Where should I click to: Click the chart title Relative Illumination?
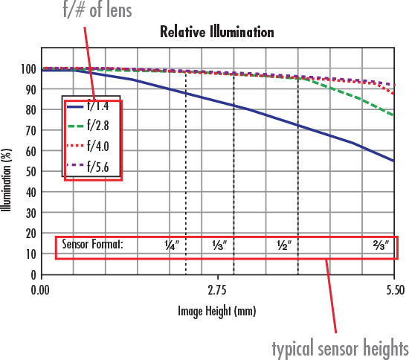coord(217,32)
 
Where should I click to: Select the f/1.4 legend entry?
coord(94,107)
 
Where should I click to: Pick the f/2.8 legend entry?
coord(94,127)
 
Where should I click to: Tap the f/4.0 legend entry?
coord(94,147)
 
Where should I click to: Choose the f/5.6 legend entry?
coord(94,167)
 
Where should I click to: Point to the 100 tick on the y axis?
coord(27,69)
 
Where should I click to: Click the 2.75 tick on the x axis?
coord(217,288)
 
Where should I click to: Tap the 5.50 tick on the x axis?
coord(394,288)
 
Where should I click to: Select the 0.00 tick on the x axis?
coord(41,288)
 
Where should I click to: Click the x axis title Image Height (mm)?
coord(217,312)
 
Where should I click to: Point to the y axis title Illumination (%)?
coord(7,172)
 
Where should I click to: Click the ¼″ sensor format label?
coord(171,244)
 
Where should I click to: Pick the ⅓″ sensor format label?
coord(219,244)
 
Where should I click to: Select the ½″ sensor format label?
coord(283,244)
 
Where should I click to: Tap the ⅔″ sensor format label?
coord(381,244)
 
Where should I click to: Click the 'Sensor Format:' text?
coord(92,244)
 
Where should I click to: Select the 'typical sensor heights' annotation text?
coord(340,347)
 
